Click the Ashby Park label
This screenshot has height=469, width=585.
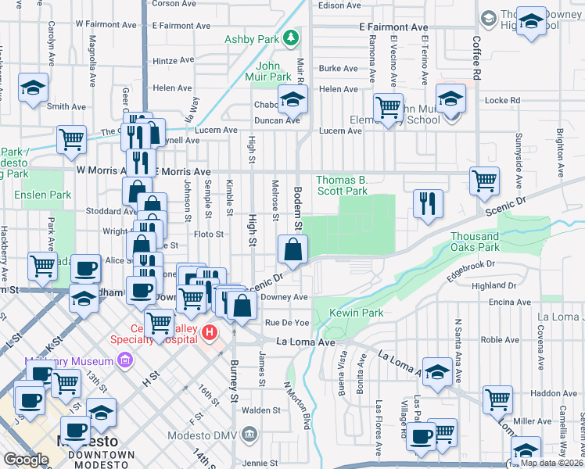(252, 38)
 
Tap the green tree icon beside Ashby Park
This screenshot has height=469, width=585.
(291, 37)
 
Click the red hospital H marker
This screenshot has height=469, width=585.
(210, 334)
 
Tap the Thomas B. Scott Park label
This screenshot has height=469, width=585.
(342, 185)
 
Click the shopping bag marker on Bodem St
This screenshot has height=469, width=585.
(292, 250)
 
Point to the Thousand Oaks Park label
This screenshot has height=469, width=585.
(475, 242)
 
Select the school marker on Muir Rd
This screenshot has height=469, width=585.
(293, 99)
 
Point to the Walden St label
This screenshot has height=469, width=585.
(261, 410)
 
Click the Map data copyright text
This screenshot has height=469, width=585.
(552, 463)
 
